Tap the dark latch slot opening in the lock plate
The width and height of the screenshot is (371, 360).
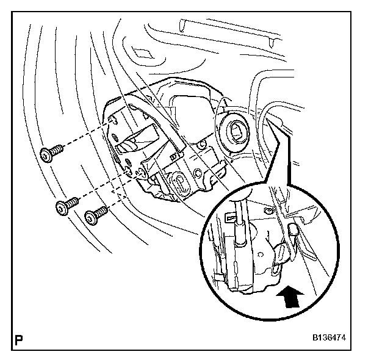[x=137, y=145]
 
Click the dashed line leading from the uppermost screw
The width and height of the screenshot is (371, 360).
[x=85, y=143]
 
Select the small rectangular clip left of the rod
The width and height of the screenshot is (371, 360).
[x=230, y=216]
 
